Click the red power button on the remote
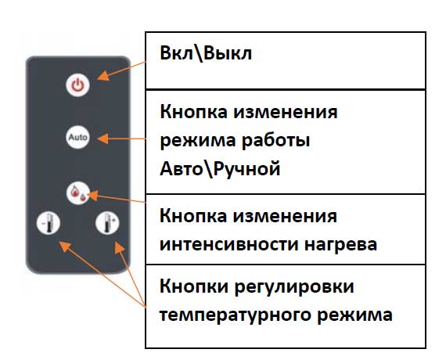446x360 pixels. [x=77, y=85]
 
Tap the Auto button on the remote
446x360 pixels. [x=77, y=137]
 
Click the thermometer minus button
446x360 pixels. [x=49, y=223]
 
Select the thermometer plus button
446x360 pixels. [x=107, y=223]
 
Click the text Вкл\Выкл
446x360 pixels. [x=206, y=53]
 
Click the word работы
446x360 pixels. [x=275, y=140]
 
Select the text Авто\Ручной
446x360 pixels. [x=220, y=169]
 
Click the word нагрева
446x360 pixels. [x=340, y=245]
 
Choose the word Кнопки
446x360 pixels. [x=194, y=286]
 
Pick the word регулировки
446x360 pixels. [x=294, y=287]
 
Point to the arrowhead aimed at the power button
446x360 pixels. [x=103, y=76]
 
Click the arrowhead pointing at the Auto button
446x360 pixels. [x=103, y=139]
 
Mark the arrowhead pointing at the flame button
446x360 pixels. [x=92, y=195]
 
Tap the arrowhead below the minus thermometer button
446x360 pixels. [x=65, y=247]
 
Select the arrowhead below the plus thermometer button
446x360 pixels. [x=120, y=247]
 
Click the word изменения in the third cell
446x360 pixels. [x=286, y=216]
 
